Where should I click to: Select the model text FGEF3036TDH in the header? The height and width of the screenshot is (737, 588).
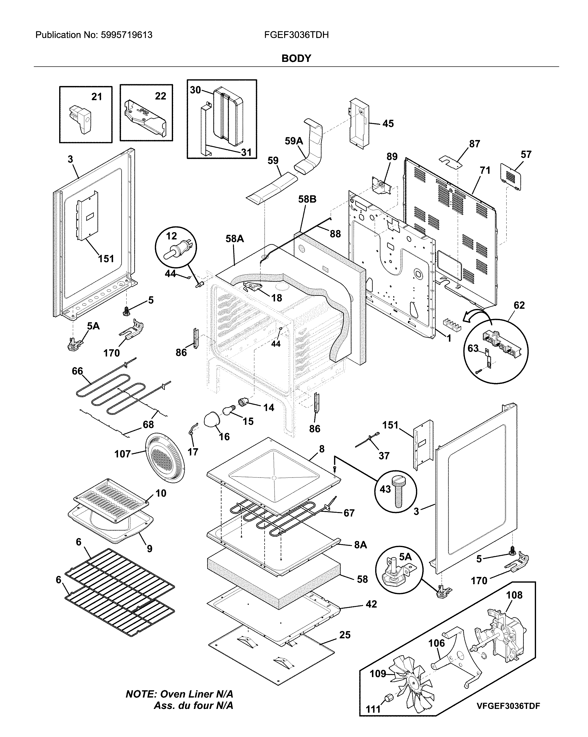296,35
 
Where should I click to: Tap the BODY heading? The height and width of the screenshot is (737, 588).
296,58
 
